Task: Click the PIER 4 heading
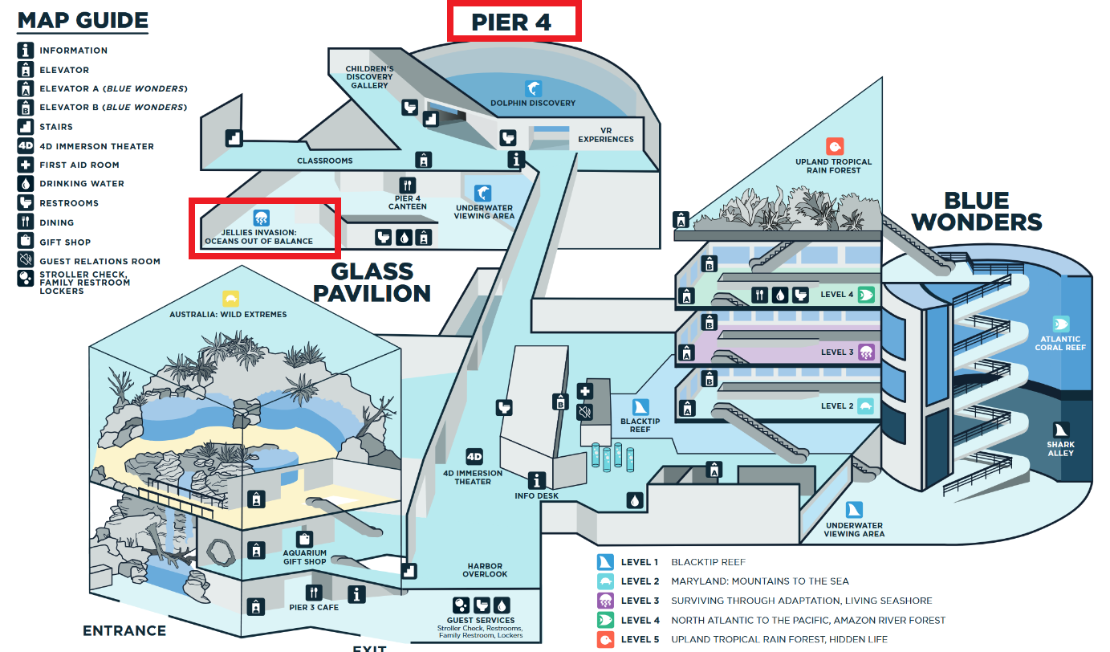pyautogui.click(x=511, y=22)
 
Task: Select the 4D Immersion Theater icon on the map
pyautogui.click(x=474, y=457)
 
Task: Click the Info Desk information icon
pyautogui.click(x=536, y=480)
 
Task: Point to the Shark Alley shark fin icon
pyautogui.click(x=1060, y=430)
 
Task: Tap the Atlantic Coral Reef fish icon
pyautogui.click(x=1060, y=324)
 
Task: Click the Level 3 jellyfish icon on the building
pyautogui.click(x=866, y=352)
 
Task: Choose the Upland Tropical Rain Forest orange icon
pyautogui.click(x=834, y=147)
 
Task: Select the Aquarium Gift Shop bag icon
pyautogui.click(x=304, y=538)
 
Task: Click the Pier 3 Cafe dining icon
pyautogui.click(x=314, y=593)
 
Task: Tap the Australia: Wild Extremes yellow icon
pyautogui.click(x=231, y=299)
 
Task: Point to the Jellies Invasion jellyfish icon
pyautogui.click(x=261, y=218)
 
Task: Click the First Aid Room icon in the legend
pyautogui.click(x=26, y=165)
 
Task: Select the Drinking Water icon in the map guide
pyautogui.click(x=26, y=184)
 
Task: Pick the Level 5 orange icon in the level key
pyautogui.click(x=605, y=640)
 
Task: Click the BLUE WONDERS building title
pyautogui.click(x=976, y=210)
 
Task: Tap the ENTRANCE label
pyautogui.click(x=124, y=631)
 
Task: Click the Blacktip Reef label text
pyautogui.click(x=640, y=426)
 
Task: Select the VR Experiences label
pyautogui.click(x=606, y=134)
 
